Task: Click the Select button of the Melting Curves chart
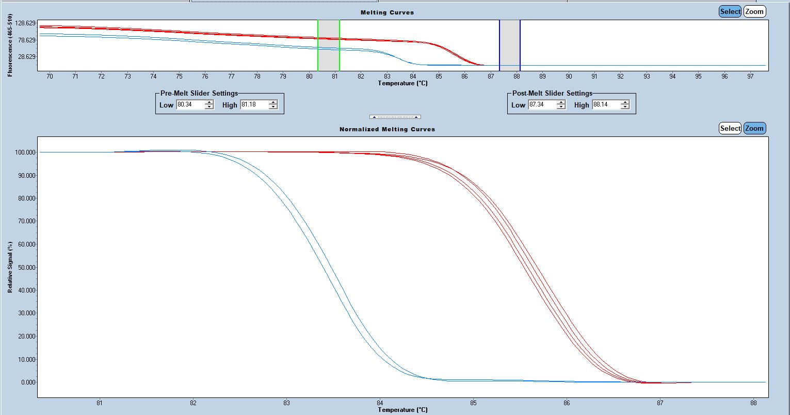tap(730, 11)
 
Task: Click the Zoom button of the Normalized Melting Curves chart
tap(754, 128)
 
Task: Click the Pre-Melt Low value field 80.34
tap(190, 105)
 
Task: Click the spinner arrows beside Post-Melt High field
tap(625, 105)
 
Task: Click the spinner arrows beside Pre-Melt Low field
tap(209, 105)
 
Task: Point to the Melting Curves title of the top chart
tap(394, 12)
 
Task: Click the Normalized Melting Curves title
tap(387, 129)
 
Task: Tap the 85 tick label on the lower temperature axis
tap(473, 403)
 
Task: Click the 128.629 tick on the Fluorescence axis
tap(25, 23)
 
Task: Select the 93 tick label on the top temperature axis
tap(647, 76)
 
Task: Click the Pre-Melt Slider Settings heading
tap(199, 94)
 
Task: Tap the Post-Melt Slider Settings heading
tap(552, 94)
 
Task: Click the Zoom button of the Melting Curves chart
tap(754, 11)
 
